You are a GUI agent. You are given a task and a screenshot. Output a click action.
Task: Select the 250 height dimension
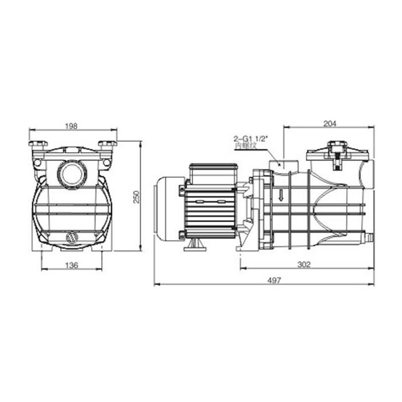click(136, 196)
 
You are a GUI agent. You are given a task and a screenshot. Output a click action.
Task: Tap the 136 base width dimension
click(72, 265)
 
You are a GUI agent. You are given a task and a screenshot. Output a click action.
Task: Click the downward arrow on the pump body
click(281, 196)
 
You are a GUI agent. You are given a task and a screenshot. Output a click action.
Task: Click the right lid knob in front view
click(107, 145)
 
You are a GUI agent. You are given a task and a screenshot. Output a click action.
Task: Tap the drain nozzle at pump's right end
click(368, 235)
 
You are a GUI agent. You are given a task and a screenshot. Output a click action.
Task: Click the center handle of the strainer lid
click(337, 150)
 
